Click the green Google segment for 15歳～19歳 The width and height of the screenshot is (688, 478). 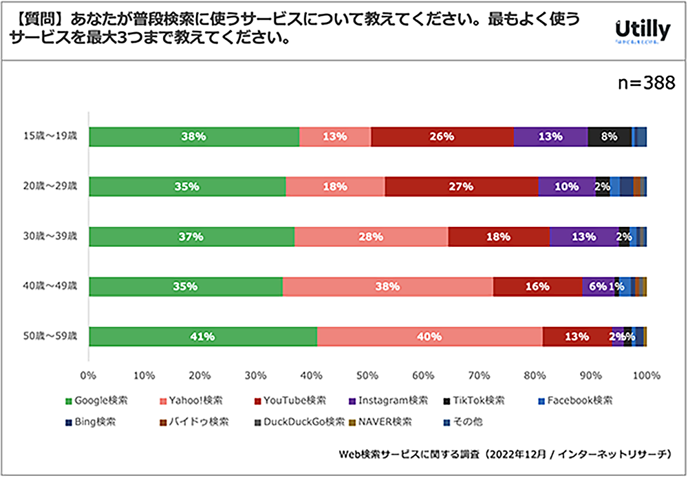pyautogui.click(x=194, y=137)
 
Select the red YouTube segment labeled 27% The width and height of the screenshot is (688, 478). pyautogui.click(x=461, y=186)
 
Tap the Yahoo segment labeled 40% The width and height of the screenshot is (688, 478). pyautogui.click(x=429, y=337)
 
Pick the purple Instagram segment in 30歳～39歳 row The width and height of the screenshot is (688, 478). pyautogui.click(x=583, y=237)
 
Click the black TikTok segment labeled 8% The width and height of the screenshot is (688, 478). pyautogui.click(x=610, y=137)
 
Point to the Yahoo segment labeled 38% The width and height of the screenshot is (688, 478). pyautogui.click(x=387, y=287)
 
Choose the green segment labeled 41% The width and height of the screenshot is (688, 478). pyautogui.click(x=203, y=337)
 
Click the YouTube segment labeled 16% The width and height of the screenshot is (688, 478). pyautogui.click(x=537, y=287)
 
